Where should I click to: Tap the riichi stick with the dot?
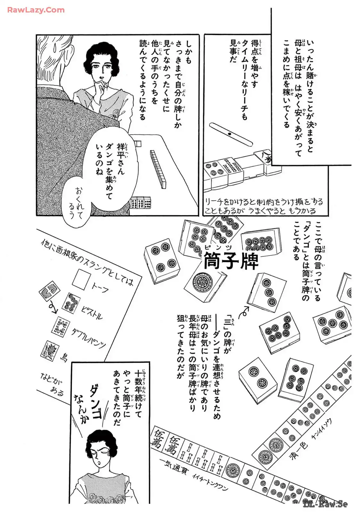point(231,134)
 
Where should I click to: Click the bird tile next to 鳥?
point(49,350)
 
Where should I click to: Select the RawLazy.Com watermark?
point(36,10)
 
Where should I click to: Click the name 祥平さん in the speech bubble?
point(120,159)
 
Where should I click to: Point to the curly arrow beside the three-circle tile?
point(244,312)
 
